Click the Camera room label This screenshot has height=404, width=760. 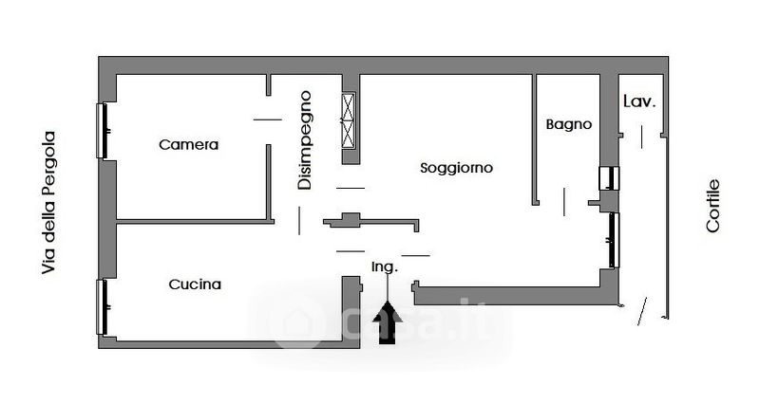[188, 145]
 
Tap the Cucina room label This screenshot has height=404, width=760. [195, 284]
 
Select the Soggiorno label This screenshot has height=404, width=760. [456, 168]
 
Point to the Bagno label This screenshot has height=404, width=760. [568, 124]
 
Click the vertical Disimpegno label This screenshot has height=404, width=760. [305, 139]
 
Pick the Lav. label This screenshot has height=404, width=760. [639, 101]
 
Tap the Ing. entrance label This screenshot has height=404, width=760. [384, 266]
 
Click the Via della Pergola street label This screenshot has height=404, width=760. [49, 203]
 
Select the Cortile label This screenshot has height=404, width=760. [713, 206]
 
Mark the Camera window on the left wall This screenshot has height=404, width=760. [102, 130]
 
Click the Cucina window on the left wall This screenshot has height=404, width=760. [102, 306]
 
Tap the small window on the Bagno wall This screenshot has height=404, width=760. [608, 177]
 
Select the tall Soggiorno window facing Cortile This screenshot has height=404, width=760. [614, 238]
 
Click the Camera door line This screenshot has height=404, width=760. [267, 119]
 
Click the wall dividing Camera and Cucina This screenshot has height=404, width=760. [195, 221]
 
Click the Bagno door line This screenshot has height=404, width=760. [564, 201]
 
